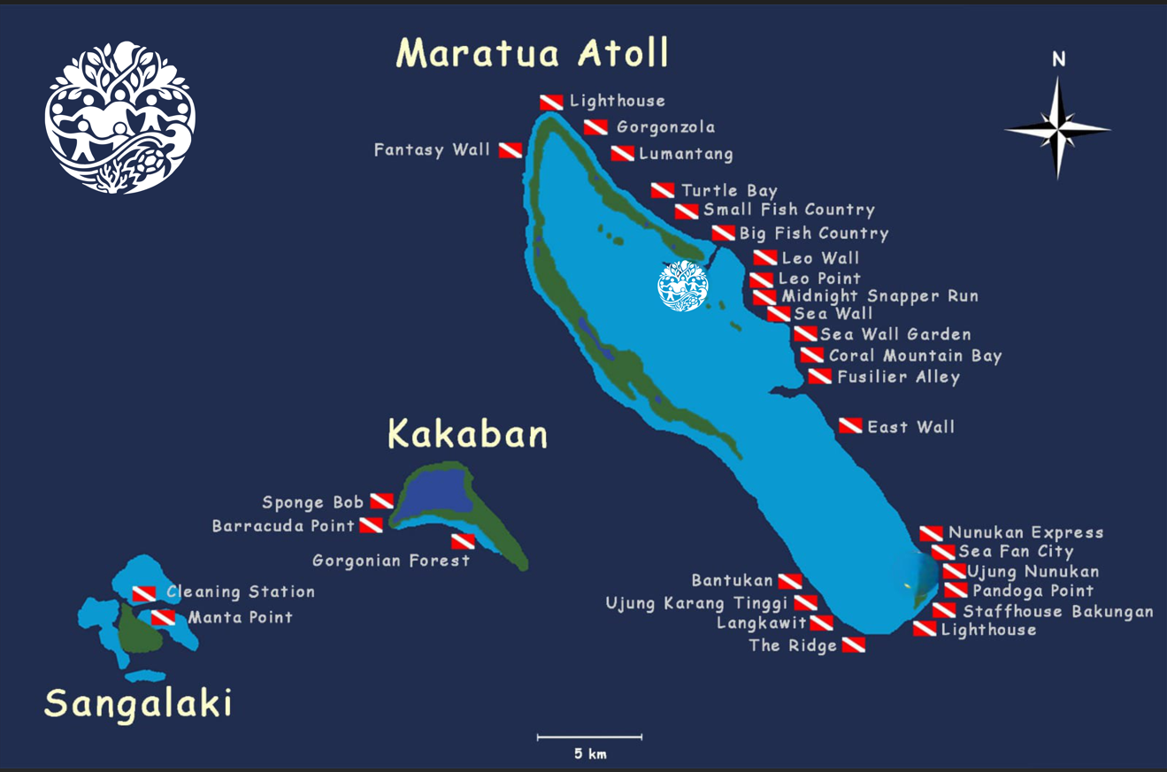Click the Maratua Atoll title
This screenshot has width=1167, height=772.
click(533, 53)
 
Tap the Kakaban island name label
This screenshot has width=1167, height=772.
click(467, 435)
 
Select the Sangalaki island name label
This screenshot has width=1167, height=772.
click(138, 704)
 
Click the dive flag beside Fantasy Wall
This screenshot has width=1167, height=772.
click(510, 150)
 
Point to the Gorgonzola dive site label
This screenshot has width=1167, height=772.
click(665, 127)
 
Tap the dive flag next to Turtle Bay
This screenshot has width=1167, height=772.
click(663, 190)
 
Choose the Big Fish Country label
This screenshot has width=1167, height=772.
click(813, 233)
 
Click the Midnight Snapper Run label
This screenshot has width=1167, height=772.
click(879, 296)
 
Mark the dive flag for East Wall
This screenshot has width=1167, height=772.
click(850, 426)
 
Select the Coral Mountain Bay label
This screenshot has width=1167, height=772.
click(915, 355)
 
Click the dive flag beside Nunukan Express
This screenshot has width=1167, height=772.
click(930, 533)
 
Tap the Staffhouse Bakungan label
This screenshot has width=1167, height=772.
click(1058, 611)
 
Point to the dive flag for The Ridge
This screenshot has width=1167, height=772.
click(853, 646)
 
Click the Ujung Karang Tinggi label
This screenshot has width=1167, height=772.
click(696, 603)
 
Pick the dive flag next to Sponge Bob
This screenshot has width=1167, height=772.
click(381, 501)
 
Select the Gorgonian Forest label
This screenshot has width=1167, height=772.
click(391, 561)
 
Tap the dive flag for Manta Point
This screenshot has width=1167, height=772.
click(163, 617)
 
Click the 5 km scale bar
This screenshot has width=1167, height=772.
click(589, 737)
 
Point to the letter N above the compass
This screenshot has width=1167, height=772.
click(1058, 60)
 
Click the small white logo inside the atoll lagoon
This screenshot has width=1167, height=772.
click(683, 286)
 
